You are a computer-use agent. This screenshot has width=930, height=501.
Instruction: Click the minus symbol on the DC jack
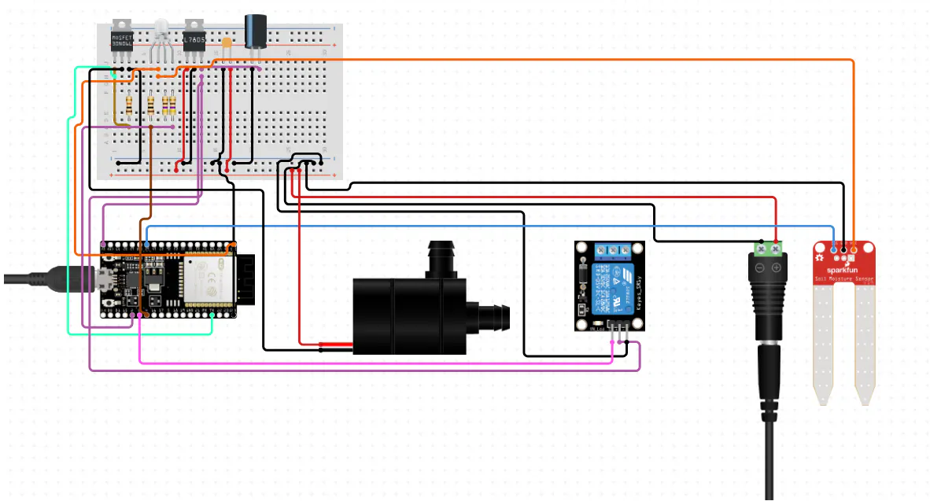[761, 268]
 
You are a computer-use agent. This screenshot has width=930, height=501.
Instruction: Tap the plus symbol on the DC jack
[776, 268]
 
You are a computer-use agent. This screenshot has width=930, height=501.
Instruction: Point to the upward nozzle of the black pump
[441, 260]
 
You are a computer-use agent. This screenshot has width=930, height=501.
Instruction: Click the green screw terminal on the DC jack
[768, 249]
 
